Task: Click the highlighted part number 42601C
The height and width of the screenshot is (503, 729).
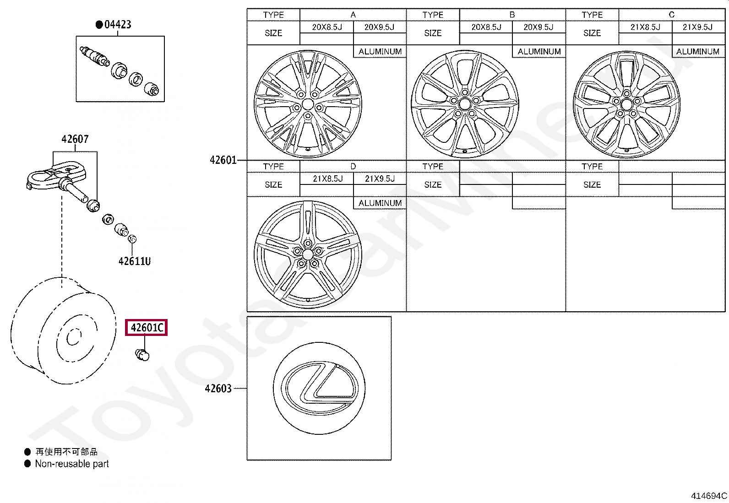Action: pyautogui.click(x=146, y=327)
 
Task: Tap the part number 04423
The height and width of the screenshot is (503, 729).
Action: pyautogui.click(x=118, y=24)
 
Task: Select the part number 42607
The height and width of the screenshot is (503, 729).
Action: pyautogui.click(x=75, y=139)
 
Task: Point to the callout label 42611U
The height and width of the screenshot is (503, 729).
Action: pyautogui.click(x=135, y=261)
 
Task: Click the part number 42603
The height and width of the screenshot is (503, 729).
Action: pyautogui.click(x=218, y=389)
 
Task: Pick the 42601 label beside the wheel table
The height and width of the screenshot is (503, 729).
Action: pyautogui.click(x=223, y=160)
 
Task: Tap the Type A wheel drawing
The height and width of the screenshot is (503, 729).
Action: pyautogui.click(x=308, y=104)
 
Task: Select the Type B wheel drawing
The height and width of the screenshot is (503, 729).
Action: pyautogui.click(x=465, y=104)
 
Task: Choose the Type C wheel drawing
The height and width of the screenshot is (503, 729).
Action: pyautogui.click(x=626, y=104)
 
